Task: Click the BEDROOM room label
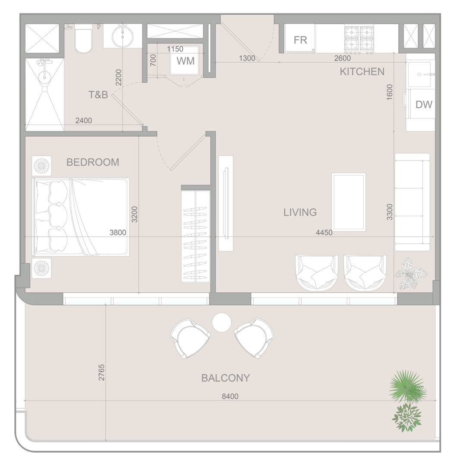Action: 92,162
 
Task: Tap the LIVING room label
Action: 300,212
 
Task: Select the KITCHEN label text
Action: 362,72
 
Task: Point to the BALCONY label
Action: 225,378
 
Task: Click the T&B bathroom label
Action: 98,95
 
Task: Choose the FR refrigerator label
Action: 300,40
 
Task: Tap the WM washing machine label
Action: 186,61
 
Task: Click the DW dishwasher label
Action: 424,105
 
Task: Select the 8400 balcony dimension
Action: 230,397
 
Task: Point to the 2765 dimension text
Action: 102,372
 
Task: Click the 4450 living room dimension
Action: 324,232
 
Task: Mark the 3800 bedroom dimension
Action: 118,232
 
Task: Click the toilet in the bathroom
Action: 83,39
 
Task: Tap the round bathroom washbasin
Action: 122,36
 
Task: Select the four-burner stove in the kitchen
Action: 359,39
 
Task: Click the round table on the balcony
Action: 222,322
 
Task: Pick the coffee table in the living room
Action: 349,202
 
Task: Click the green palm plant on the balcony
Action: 406,386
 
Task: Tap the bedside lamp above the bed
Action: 41,166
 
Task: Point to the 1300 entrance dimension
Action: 247,58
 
